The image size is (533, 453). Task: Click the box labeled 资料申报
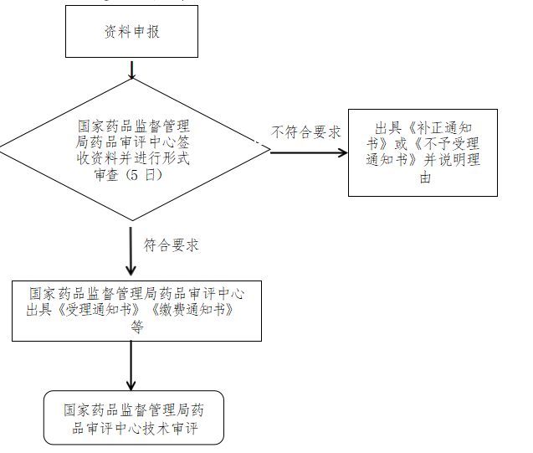[131, 33]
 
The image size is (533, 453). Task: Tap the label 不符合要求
[305, 132]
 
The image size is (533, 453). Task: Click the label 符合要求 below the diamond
[171, 245]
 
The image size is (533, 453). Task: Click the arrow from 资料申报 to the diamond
[131, 69]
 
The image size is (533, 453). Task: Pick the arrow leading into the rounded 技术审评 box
[131, 365]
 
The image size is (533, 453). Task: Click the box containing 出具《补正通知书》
[423, 152]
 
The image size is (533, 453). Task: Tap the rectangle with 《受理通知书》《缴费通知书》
[136, 311]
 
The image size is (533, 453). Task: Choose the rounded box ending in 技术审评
[134, 417]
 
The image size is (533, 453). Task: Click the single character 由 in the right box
[424, 178]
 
